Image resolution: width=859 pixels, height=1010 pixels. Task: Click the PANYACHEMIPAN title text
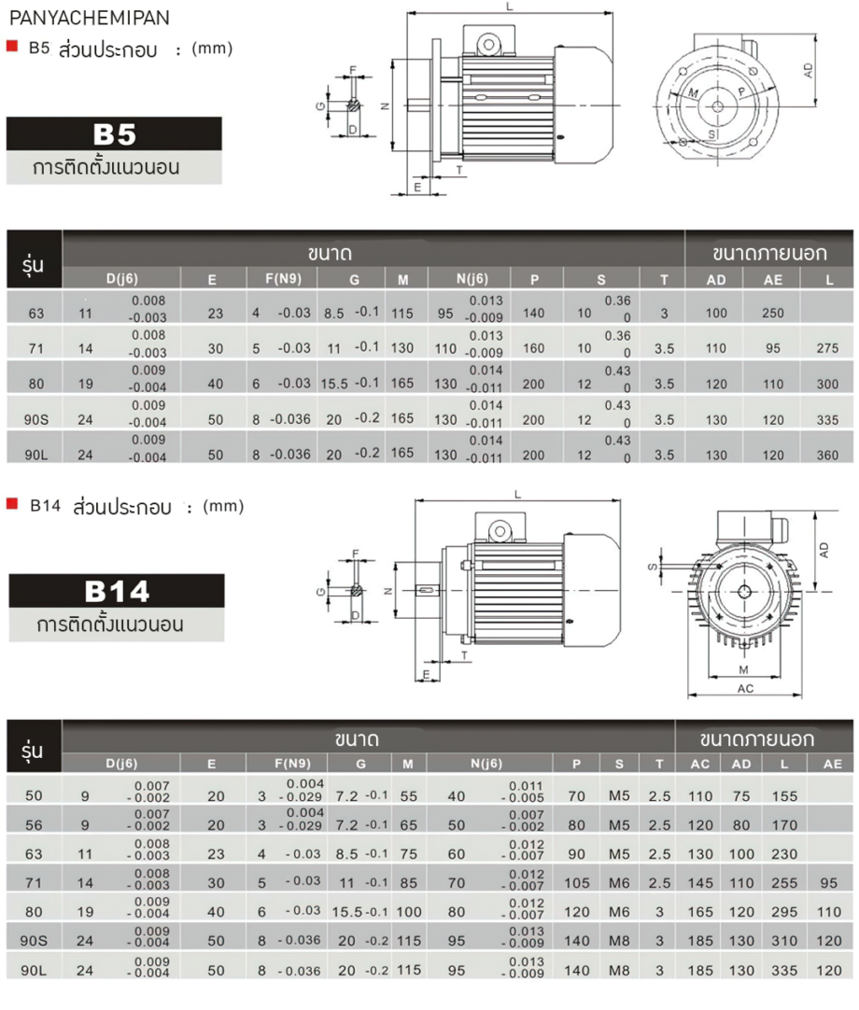pyautogui.click(x=77, y=16)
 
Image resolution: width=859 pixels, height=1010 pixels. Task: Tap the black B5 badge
pyautogui.click(x=114, y=134)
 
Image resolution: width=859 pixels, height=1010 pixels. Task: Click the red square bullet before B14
pyautogui.click(x=12, y=505)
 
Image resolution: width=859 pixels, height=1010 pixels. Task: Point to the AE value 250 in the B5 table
pyautogui.click(x=773, y=314)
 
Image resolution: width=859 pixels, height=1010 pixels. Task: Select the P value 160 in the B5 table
pyautogui.click(x=534, y=349)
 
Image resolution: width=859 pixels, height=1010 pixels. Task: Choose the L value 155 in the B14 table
pyautogui.click(x=784, y=797)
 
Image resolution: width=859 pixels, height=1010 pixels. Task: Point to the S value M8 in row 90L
pyautogui.click(x=619, y=971)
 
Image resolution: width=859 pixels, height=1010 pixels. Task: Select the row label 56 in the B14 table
pyautogui.click(x=35, y=825)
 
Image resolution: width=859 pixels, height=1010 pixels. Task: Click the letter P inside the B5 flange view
pyautogui.click(x=740, y=92)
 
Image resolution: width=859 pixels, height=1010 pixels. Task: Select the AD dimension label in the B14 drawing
pyautogui.click(x=825, y=552)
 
